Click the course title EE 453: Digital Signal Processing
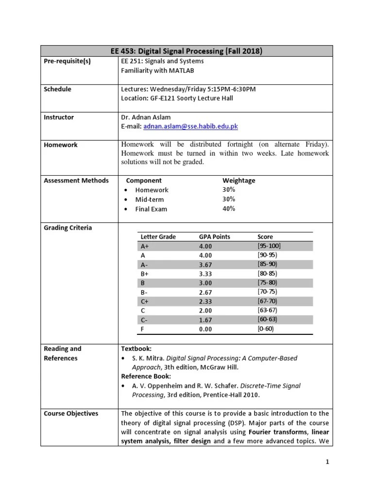186,51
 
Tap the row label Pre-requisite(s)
67,61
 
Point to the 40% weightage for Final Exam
229,209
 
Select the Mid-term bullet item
149,199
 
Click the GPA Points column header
214,237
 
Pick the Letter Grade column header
158,237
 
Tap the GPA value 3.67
205,265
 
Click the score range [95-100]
269,246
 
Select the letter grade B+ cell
144,274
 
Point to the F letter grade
142,329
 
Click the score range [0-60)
267,329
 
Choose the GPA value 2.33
205,301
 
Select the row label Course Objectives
71,414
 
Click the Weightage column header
238,181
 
